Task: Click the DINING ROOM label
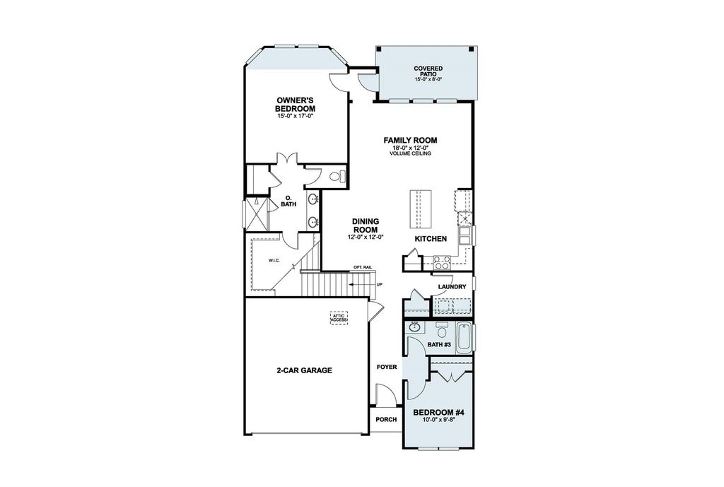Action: pyautogui.click(x=365, y=225)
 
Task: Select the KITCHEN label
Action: pyautogui.click(x=430, y=239)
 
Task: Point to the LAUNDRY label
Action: pyautogui.click(x=451, y=286)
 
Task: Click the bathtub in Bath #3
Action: pyautogui.click(x=464, y=338)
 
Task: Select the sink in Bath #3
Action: pyautogui.click(x=414, y=327)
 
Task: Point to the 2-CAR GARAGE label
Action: pyautogui.click(x=304, y=370)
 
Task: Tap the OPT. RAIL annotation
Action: pyautogui.click(x=363, y=267)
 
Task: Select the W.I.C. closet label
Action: pyautogui.click(x=274, y=260)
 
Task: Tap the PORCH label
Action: pyautogui.click(x=385, y=419)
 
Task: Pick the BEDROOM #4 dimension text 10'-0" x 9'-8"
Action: pyautogui.click(x=438, y=420)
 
